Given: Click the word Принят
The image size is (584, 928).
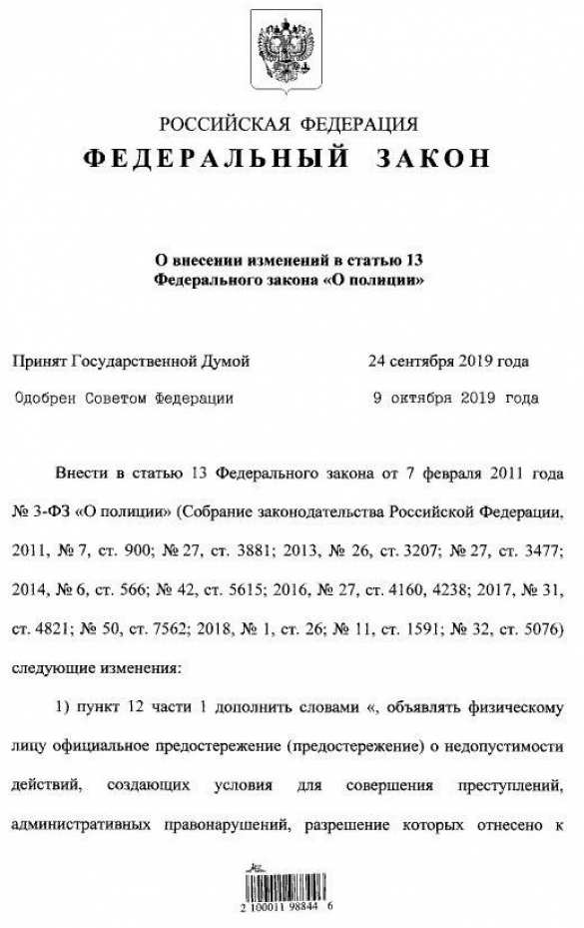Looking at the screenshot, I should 39,361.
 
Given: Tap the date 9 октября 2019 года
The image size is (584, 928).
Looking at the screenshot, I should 454,398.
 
